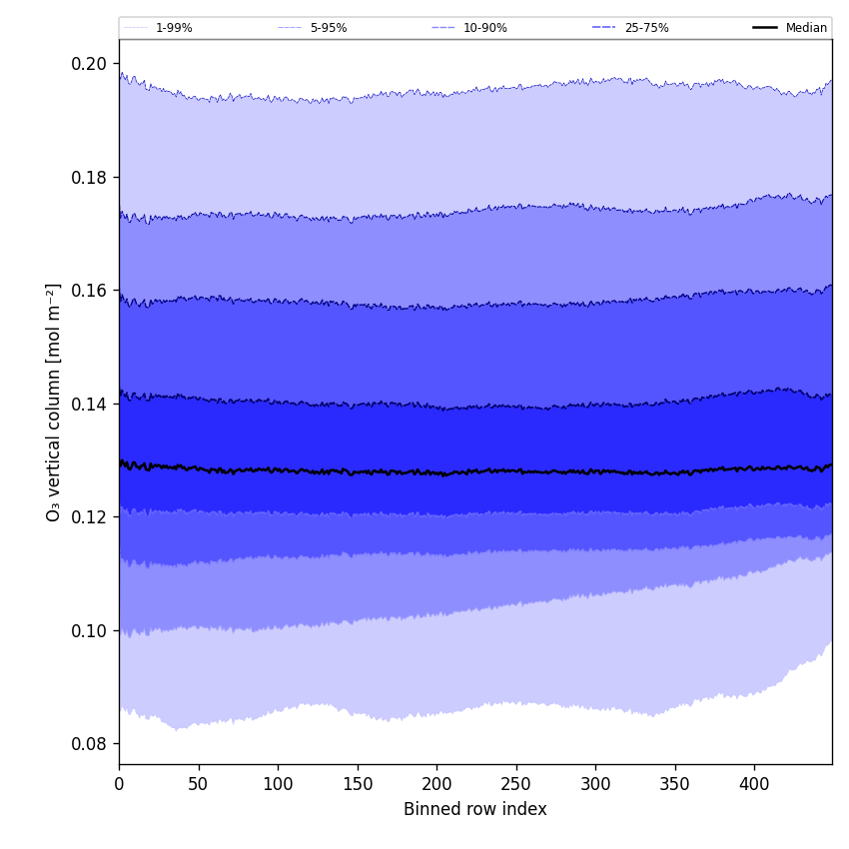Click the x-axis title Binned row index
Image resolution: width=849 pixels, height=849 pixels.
475,810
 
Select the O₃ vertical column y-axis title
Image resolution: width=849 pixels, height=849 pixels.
54,402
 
